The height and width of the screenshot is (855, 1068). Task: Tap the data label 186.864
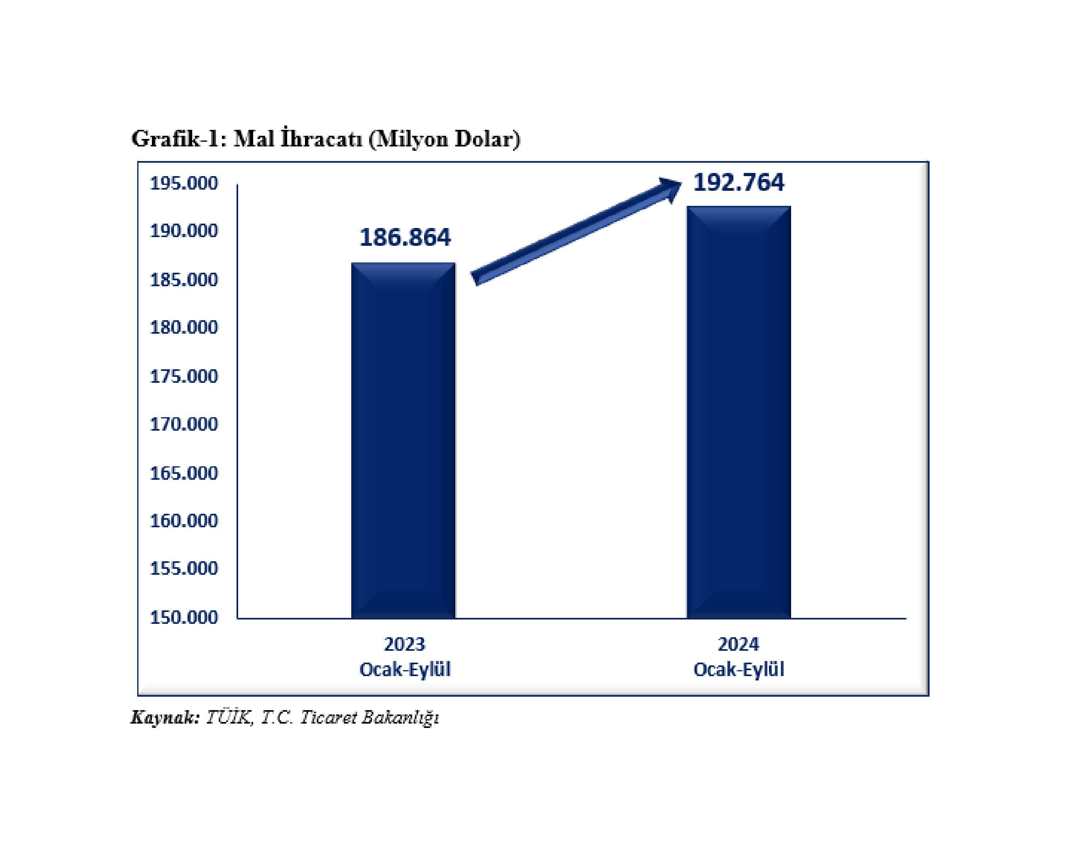(x=405, y=237)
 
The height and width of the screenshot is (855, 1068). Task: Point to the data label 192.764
(x=738, y=182)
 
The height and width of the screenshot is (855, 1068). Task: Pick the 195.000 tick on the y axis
(x=184, y=183)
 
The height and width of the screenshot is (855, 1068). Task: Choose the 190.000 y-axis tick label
(x=184, y=231)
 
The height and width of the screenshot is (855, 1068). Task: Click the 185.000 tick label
(x=184, y=280)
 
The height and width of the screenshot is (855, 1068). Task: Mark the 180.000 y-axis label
(x=184, y=328)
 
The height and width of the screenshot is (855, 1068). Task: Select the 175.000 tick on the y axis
(x=184, y=377)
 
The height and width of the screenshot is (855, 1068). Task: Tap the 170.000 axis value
(x=184, y=424)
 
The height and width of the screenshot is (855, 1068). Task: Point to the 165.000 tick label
(x=184, y=473)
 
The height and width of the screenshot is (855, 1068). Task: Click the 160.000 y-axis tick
(x=184, y=521)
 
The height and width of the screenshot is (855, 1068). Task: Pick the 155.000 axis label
(x=184, y=568)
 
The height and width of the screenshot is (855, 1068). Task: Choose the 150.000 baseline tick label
(x=184, y=617)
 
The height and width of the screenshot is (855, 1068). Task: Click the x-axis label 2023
(x=404, y=644)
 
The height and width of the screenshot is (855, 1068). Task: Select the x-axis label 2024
(x=738, y=644)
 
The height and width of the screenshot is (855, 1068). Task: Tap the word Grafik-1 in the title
(x=179, y=139)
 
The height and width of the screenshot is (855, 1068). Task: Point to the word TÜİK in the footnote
(x=228, y=717)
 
